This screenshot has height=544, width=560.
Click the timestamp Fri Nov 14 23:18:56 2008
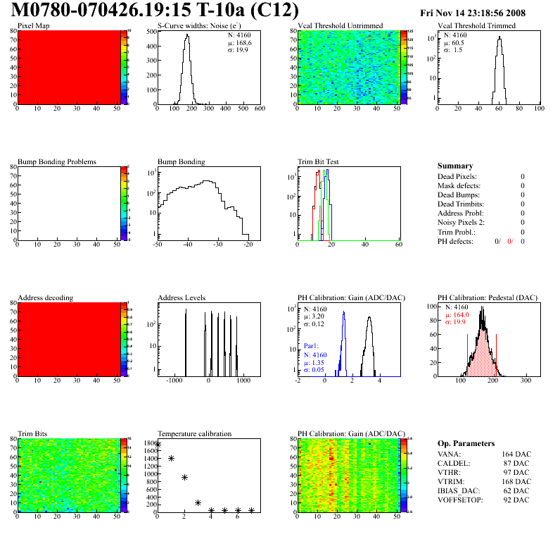(472, 13)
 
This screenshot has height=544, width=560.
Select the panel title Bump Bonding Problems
(57, 161)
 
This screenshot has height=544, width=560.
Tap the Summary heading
(455, 166)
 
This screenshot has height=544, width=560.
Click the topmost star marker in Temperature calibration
(158, 445)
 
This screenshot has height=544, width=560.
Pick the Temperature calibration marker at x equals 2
(184, 477)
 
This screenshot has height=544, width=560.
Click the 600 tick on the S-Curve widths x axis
(260, 109)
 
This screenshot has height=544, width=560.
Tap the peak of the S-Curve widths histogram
(187, 36)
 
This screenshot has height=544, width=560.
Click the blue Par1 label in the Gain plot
(312, 347)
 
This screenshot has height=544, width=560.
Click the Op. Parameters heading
(466, 443)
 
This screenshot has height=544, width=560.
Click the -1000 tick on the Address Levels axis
(173, 380)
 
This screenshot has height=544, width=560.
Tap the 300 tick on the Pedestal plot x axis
(525, 380)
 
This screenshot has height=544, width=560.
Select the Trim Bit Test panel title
(319, 161)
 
